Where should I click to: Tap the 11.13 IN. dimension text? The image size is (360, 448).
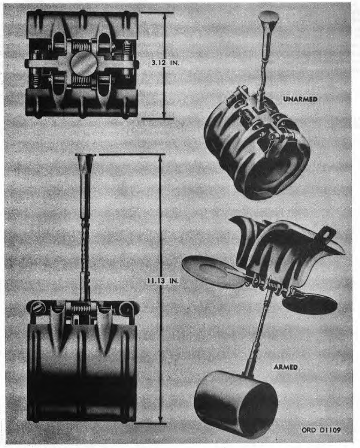[163, 281]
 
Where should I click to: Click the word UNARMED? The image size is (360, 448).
[300, 99]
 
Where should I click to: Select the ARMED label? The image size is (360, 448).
[286, 367]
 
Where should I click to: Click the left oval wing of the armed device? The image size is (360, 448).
[212, 272]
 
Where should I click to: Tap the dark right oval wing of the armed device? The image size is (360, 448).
[310, 304]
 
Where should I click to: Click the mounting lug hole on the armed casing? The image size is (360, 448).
[326, 235]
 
